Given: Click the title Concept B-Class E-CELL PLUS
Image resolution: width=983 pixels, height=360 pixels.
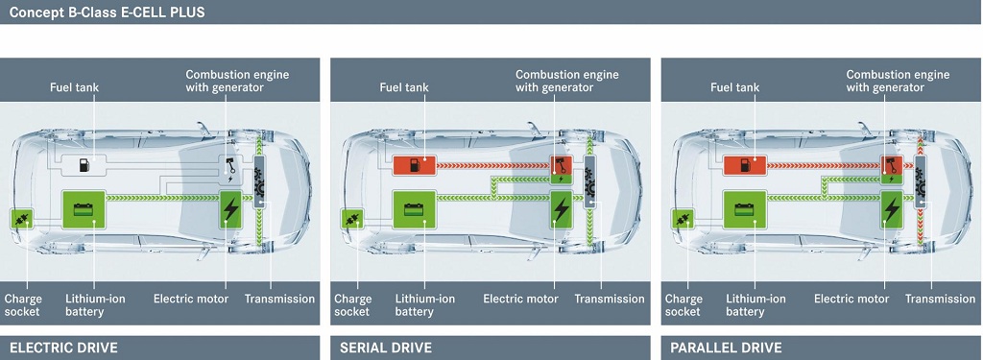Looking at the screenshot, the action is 107,12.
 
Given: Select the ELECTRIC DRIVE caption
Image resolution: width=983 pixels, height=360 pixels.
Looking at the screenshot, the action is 63,348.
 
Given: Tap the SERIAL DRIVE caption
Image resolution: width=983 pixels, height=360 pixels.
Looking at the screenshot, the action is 386,348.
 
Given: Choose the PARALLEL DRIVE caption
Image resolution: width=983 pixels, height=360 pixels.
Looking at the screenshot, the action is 726,348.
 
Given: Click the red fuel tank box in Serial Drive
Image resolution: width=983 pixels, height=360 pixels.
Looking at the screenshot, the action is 414,165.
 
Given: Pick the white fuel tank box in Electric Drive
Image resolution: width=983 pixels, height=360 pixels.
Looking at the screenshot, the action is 84,165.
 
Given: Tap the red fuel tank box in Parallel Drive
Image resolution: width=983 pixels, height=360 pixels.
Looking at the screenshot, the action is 745,165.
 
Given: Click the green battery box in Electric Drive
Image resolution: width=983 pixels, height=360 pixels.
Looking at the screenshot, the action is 84,209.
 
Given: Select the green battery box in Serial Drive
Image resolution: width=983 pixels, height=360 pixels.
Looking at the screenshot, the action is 414,209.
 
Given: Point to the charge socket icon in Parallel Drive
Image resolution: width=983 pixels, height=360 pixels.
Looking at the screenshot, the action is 683,220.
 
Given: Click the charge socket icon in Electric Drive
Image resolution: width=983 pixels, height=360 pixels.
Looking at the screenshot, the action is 21,220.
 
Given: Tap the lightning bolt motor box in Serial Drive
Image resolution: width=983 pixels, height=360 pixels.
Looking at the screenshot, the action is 561,209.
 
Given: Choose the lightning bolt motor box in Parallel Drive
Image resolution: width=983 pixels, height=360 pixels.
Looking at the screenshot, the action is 892,209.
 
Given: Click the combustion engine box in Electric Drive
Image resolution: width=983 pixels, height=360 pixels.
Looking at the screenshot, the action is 230,170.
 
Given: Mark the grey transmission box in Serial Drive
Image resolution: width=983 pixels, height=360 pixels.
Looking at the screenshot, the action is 590,181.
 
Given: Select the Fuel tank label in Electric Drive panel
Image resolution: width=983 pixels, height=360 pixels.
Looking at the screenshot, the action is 75,87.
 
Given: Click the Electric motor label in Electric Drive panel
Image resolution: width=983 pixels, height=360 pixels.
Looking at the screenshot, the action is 191,299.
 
